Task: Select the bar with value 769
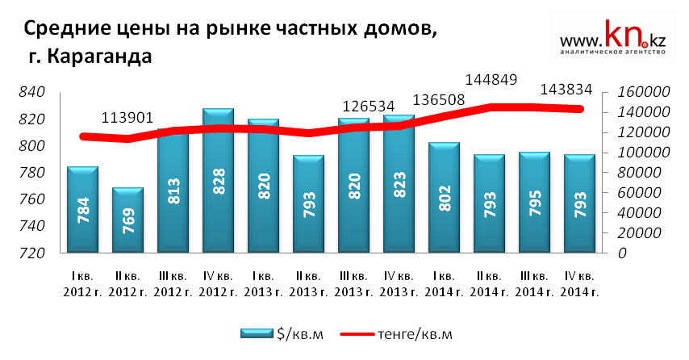127,220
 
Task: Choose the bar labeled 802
444,198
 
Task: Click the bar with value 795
534,203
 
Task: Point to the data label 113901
128,118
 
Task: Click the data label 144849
490,81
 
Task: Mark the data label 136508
441,99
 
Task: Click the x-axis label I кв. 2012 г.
82,283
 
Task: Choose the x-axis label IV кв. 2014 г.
579,283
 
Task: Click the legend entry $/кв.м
282,334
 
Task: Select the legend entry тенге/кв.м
396,334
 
